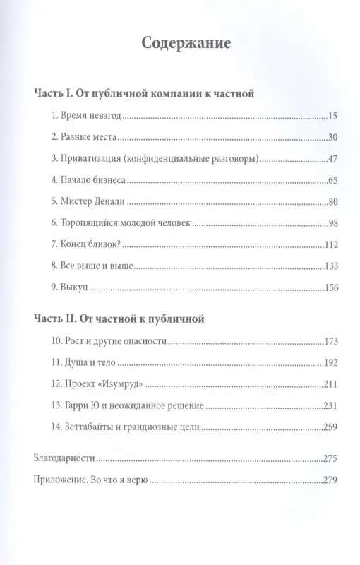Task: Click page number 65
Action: [335, 181]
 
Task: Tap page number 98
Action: [335, 224]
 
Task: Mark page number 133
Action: [332, 267]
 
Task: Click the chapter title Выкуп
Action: [77, 288]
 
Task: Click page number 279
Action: [332, 480]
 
